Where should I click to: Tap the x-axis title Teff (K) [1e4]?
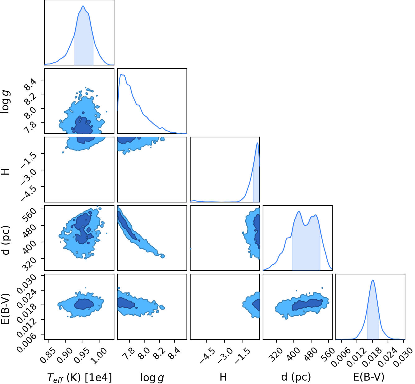79,377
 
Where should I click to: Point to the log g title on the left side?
5,102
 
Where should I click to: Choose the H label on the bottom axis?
223,377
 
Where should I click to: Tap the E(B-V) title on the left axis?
5,307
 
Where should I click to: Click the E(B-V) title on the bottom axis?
369,377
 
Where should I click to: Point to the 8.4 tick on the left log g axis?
30,84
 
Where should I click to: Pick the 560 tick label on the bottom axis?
327,354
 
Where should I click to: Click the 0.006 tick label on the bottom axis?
340,357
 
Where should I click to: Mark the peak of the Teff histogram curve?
83,6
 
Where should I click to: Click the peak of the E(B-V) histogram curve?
373,280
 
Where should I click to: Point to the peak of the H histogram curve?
257,143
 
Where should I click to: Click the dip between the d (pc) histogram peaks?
306,225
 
